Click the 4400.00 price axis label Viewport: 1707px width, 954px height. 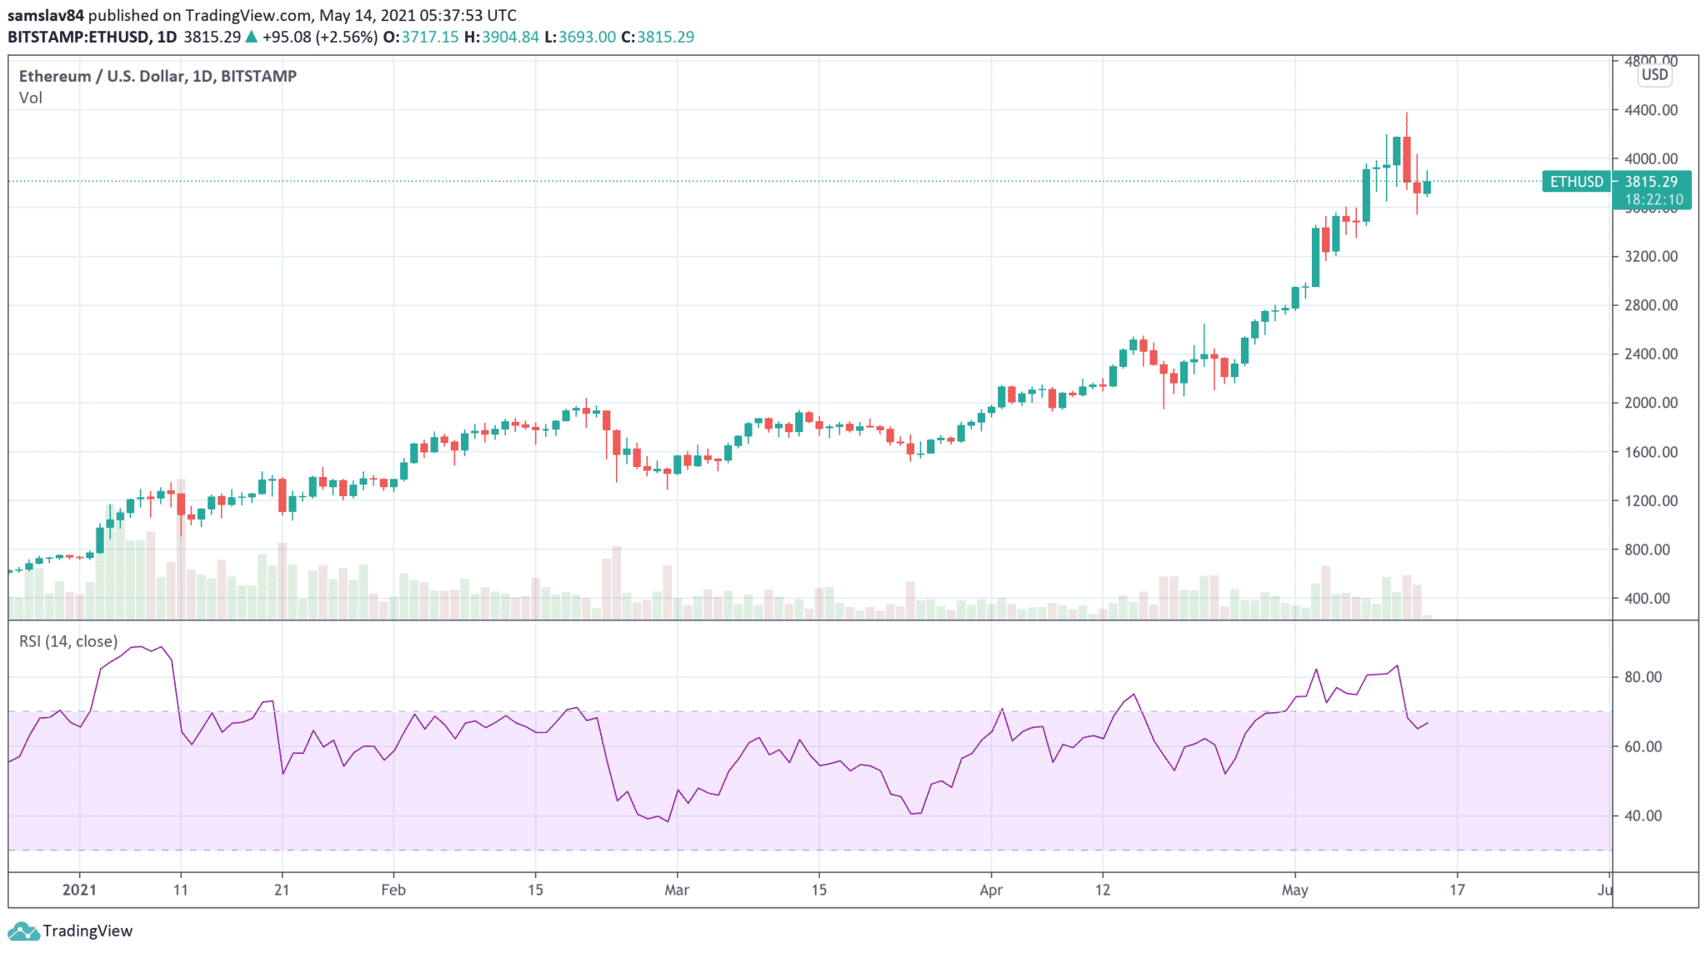coord(1650,110)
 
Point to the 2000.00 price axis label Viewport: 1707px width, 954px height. coord(1650,403)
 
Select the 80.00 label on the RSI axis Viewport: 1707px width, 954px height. coord(1643,677)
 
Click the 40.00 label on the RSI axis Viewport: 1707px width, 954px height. coord(1643,816)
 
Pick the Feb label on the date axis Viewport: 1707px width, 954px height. coord(393,890)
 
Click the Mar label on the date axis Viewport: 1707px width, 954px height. coord(677,890)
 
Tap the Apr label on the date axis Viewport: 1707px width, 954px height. coord(991,890)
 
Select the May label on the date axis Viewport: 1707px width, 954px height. coord(1294,890)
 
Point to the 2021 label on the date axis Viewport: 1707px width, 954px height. coord(80,890)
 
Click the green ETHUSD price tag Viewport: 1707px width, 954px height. coord(1576,182)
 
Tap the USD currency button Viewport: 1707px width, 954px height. coord(1654,75)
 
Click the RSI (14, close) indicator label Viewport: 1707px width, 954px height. coord(68,641)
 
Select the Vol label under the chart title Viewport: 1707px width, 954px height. coord(31,98)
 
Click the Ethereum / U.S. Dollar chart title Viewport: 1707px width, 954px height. coord(158,76)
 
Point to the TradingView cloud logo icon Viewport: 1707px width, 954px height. coord(23,931)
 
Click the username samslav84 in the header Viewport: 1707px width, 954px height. coord(46,16)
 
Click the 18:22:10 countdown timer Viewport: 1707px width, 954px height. coord(1654,200)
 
